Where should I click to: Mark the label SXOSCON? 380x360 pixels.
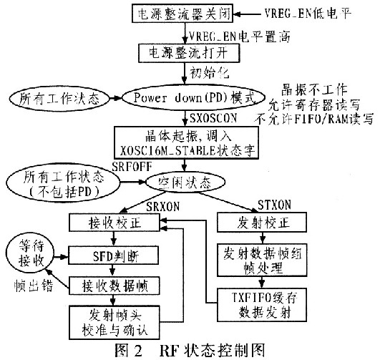pos(213,118)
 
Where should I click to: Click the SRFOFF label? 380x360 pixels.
pos(132,166)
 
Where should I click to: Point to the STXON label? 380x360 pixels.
pos(274,205)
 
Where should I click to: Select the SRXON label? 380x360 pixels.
pos(162,206)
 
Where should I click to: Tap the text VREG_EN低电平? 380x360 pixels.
pos(307,13)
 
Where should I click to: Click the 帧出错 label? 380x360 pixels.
pos(34,286)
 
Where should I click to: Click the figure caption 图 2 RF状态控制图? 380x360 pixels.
pos(190,350)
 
